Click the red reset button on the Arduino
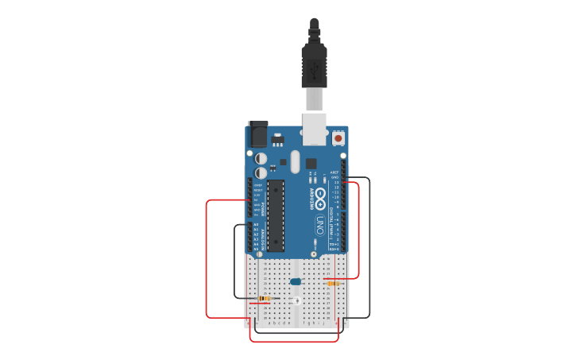338,138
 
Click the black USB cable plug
315,64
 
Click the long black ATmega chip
276,215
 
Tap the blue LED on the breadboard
296,281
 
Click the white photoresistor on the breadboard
296,300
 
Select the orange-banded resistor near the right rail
334,283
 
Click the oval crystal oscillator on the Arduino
295,161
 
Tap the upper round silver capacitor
261,158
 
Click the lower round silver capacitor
261,172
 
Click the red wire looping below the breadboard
294,342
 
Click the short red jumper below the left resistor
259,303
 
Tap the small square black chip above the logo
311,163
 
